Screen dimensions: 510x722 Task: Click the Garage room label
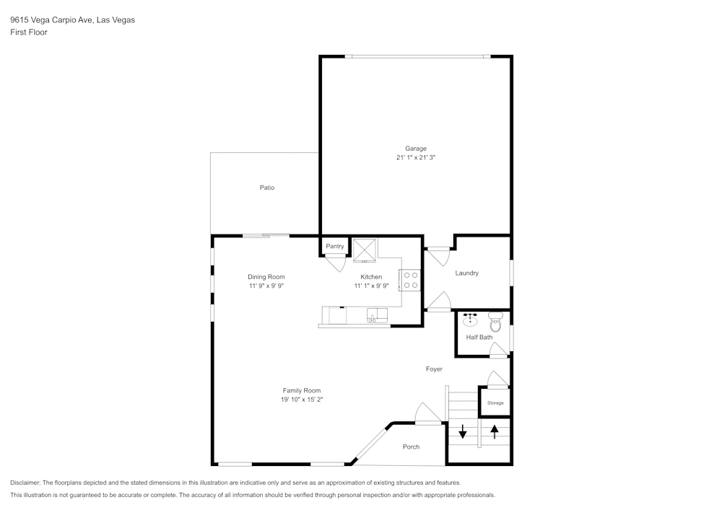(415, 149)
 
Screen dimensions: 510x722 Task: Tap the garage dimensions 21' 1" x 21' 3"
(415, 157)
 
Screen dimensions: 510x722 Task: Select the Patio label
(267, 188)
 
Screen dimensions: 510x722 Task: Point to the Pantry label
(335, 247)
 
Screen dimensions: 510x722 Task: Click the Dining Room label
(266, 277)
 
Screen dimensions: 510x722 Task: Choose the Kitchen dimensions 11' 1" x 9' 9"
(371, 286)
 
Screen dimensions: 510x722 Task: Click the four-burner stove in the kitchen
(411, 280)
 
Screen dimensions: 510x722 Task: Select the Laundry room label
(466, 273)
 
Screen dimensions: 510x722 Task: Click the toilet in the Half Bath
(495, 322)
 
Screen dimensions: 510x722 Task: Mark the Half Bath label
(479, 337)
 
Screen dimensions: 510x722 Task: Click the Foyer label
(433, 369)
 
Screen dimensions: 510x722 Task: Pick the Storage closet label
(495, 403)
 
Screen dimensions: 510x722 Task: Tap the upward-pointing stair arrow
(495, 431)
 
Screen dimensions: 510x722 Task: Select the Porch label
(411, 447)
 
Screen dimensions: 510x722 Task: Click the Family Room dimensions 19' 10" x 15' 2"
(302, 399)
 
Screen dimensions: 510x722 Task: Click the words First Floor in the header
(29, 32)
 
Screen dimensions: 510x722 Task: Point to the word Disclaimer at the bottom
(26, 483)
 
